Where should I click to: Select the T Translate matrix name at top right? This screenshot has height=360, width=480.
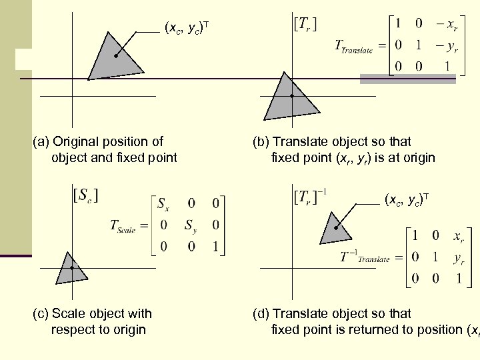353,48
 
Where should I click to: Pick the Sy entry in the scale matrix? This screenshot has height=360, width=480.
191,225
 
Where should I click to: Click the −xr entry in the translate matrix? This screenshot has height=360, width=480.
445,25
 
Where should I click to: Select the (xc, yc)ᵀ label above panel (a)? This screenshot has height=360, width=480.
187,28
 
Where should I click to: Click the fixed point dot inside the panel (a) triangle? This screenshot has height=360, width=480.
116,57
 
